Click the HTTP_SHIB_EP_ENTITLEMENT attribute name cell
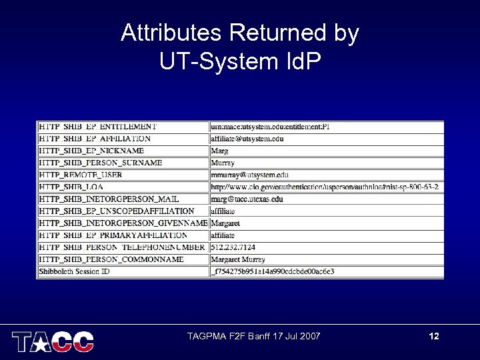click(x=99, y=126)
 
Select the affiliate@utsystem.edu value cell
click(x=247, y=139)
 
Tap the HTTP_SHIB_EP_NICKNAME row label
click(x=92, y=151)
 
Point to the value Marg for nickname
click(x=219, y=151)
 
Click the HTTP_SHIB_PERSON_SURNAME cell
click(x=101, y=163)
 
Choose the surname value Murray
click(x=223, y=163)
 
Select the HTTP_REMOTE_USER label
click(x=81, y=175)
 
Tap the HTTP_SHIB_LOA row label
click(x=71, y=187)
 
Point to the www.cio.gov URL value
click(x=325, y=187)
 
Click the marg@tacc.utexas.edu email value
click(x=247, y=199)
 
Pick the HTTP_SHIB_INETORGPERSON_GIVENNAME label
click(x=123, y=223)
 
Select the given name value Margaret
click(x=225, y=223)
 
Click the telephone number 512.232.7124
click(x=233, y=247)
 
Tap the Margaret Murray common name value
click(x=238, y=259)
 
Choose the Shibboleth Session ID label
click(x=74, y=271)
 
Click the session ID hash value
click(x=272, y=271)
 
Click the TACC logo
click(x=53, y=341)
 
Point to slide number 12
click(x=434, y=336)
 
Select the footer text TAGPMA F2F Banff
click(x=254, y=336)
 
